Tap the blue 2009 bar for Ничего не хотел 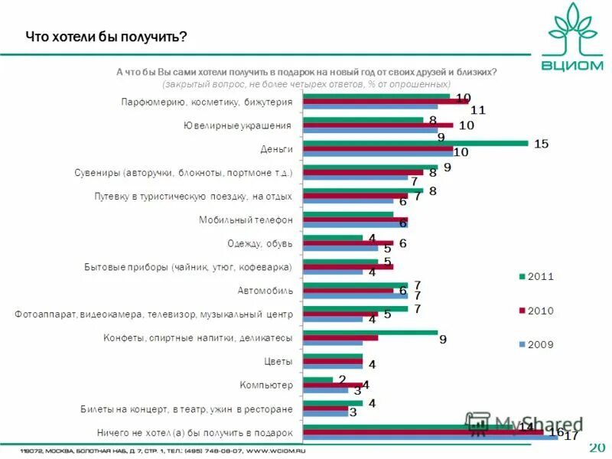tap(431, 437)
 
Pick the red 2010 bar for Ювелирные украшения tap(379, 125)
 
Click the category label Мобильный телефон tap(246, 220)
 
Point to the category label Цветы tap(278, 361)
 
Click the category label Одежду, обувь tap(260, 244)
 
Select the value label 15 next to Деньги tap(541, 144)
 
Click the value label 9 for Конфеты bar tap(443, 340)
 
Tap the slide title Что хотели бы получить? tap(106, 37)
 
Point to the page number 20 tap(597, 447)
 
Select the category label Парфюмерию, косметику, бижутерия tap(207, 102)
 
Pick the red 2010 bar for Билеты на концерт tap(326, 409)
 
